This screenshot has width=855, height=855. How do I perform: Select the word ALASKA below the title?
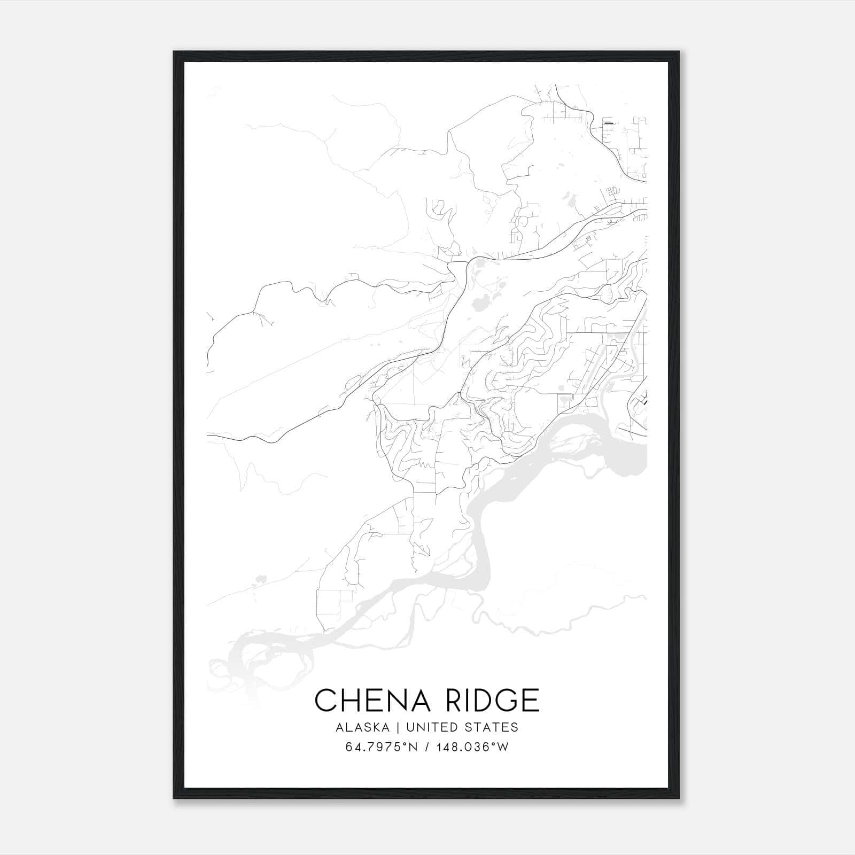366,727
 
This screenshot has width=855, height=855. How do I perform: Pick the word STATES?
492,727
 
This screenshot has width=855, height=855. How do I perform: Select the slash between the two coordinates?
430,747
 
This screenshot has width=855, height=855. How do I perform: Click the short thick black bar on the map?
608,123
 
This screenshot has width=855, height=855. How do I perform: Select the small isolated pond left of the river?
261,578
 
